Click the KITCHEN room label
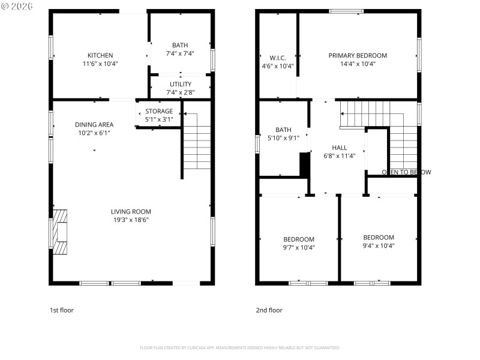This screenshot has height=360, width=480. (100, 55)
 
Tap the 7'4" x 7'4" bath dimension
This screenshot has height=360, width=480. (180, 53)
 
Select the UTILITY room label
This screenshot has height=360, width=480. (180, 84)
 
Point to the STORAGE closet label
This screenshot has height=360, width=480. (159, 111)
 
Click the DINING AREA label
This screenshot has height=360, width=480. (94, 125)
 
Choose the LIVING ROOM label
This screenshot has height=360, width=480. (131, 211)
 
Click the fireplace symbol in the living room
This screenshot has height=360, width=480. (59, 232)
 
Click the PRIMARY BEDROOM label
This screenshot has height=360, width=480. (358, 55)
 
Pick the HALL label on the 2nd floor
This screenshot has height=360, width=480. (340, 148)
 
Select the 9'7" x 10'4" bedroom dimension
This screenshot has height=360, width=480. (299, 247)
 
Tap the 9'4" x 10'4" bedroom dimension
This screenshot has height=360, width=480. (379, 245)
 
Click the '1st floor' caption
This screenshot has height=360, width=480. (61, 310)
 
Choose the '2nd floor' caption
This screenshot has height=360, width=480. (269, 310)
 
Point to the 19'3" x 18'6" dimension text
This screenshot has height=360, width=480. (131, 220)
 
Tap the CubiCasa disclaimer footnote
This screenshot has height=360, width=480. (240, 347)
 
